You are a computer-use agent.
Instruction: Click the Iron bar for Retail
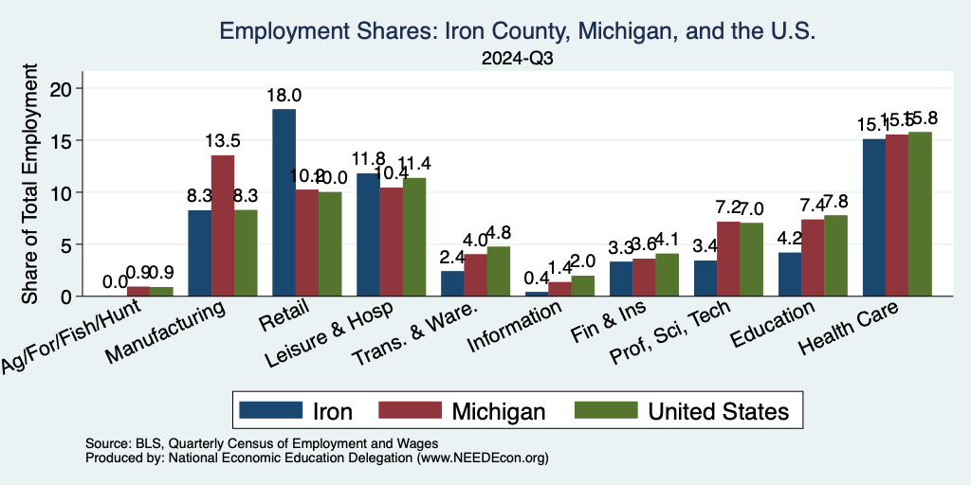284,203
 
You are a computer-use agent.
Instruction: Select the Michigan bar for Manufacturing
223,225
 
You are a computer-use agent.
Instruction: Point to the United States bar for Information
582,286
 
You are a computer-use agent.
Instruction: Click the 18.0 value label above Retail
284,96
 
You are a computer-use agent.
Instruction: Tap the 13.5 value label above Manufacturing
223,141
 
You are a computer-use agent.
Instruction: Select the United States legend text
718,411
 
